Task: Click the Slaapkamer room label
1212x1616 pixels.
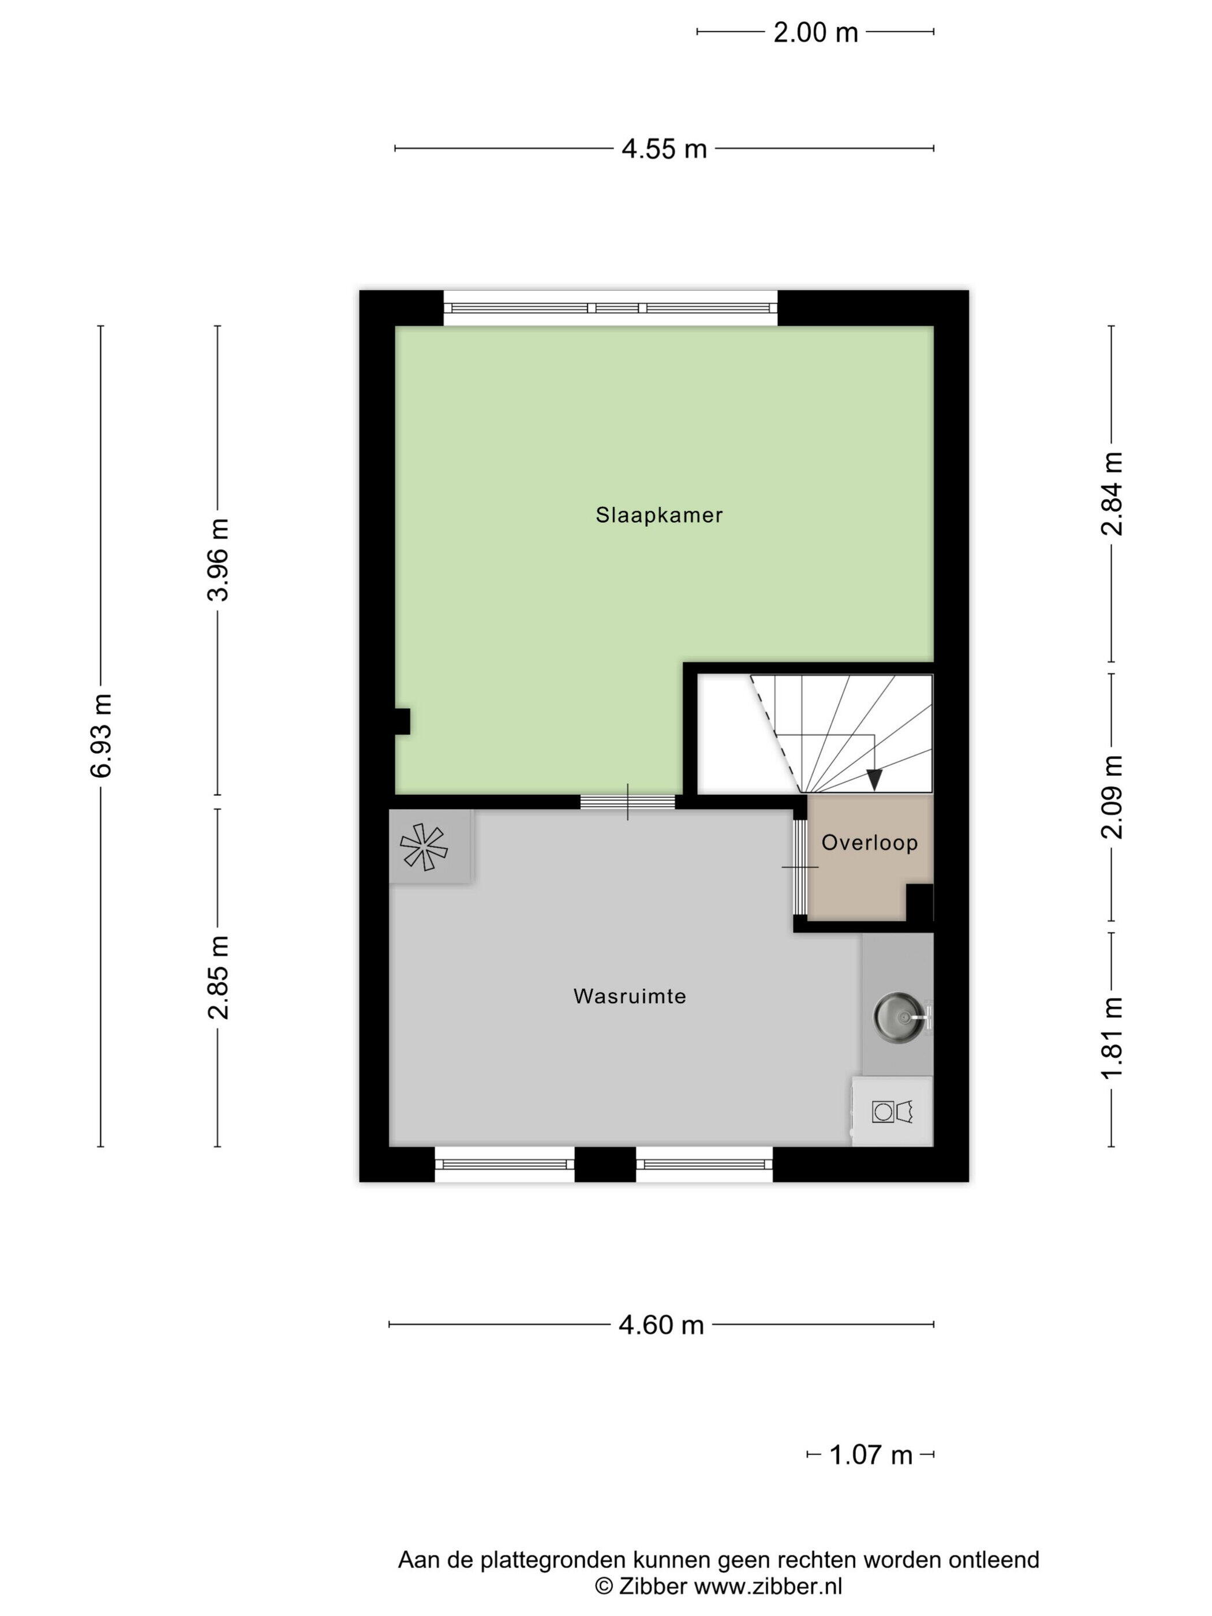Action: [659, 515]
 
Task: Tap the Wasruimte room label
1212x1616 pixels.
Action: [630, 997]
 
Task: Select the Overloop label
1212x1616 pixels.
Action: [869, 842]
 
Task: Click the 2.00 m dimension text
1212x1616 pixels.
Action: [816, 32]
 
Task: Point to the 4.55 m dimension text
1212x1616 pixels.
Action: [664, 149]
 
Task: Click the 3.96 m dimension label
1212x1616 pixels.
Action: [218, 560]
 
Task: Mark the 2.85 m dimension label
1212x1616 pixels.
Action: [218, 977]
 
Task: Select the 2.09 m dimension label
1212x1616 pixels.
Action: [1112, 797]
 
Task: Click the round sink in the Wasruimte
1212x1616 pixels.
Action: [896, 1015]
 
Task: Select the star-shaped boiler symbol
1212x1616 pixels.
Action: [424, 847]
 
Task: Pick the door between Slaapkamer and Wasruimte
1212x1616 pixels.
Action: [627, 802]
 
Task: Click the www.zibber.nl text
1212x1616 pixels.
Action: [768, 1586]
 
